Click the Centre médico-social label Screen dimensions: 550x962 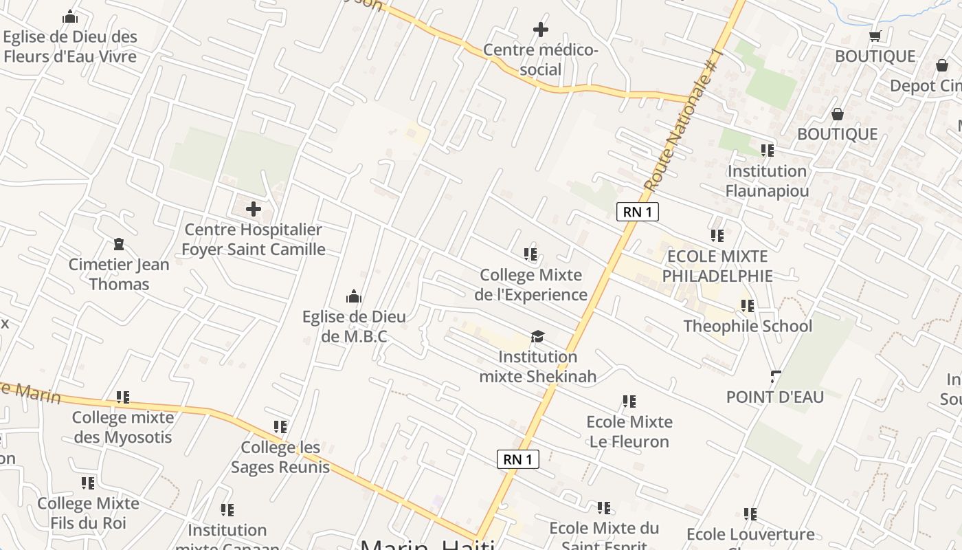pos(541,60)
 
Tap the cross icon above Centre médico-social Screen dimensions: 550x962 pos(541,30)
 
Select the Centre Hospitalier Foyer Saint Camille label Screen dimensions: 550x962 pos(253,239)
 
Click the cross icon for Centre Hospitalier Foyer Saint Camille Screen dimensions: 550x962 pos(254,209)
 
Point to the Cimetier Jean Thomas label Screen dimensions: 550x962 pos(119,274)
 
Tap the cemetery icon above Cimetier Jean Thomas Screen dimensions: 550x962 pos(119,244)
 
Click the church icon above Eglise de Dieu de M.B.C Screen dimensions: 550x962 pos(354,297)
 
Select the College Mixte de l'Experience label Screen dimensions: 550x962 pos(530,285)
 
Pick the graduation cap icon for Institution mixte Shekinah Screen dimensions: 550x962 pos(537,336)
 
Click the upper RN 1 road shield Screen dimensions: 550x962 pos(638,212)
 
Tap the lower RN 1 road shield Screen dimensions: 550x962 pos(518,459)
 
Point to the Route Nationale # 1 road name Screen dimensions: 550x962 pos(684,121)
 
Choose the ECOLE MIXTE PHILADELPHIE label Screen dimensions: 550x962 pos(717,266)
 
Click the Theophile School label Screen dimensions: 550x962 pos(748,326)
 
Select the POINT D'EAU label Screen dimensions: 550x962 pos(775,397)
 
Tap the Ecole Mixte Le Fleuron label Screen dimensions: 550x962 pos(629,431)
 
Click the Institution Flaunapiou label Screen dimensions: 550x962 pos(767,180)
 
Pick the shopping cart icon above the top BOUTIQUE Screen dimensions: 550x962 pos(875,36)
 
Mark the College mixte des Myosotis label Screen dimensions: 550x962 pos(123,427)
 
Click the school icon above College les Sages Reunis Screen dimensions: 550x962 pos(280,427)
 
